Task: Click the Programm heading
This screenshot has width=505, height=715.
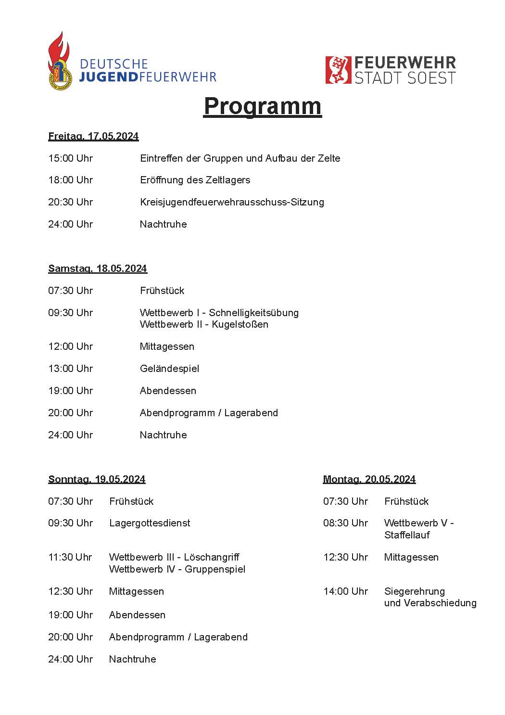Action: click(x=262, y=106)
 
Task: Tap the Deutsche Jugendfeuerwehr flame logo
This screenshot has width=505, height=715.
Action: click(x=59, y=61)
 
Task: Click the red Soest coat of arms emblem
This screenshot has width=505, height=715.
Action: click(x=338, y=70)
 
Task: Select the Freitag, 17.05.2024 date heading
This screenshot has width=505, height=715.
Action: click(x=93, y=136)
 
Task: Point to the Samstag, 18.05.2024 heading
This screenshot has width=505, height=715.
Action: click(x=97, y=268)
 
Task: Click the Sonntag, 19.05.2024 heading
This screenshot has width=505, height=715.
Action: click(x=97, y=479)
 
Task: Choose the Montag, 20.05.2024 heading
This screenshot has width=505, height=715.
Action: click(x=369, y=479)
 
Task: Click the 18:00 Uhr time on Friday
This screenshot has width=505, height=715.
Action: click(x=70, y=180)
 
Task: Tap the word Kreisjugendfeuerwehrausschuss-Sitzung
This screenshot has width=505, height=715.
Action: click(x=232, y=202)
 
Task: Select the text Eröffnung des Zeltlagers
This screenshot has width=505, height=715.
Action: click(x=195, y=180)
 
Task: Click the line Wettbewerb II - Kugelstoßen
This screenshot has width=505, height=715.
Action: click(x=204, y=324)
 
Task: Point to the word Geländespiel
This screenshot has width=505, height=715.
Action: click(x=169, y=369)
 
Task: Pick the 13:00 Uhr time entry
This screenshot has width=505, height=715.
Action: click(x=70, y=369)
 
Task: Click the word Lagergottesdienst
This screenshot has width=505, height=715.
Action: click(x=150, y=523)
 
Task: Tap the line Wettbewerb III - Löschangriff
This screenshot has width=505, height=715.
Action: click(x=174, y=557)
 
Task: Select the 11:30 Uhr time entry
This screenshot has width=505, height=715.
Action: click(x=70, y=557)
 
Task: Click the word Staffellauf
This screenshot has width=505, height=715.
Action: click(x=407, y=535)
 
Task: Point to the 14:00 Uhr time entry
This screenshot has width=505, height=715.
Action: click(x=345, y=591)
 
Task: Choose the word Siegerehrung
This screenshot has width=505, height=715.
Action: click(x=415, y=591)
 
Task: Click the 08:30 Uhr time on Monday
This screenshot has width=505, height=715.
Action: click(x=345, y=523)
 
